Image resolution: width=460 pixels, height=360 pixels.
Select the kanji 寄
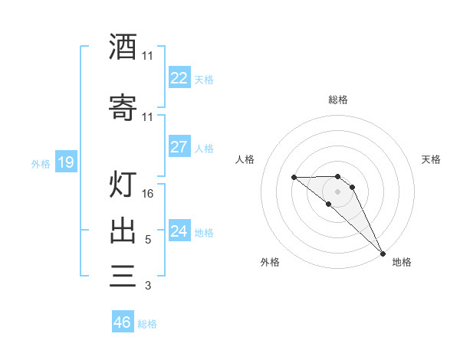(123, 108)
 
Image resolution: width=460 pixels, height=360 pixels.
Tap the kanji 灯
(123, 185)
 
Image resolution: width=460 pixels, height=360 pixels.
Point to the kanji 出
(123, 231)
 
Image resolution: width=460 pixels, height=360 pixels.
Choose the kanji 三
(123, 276)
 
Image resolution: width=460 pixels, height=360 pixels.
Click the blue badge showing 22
(179, 78)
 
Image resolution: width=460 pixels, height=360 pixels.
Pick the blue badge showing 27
(179, 147)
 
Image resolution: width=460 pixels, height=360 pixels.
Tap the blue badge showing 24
(179, 231)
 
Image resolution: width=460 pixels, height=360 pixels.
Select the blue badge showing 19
(66, 162)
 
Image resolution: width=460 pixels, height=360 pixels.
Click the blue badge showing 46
(123, 322)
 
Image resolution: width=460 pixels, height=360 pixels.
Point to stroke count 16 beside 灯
(148, 194)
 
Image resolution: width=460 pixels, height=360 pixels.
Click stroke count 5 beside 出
(148, 240)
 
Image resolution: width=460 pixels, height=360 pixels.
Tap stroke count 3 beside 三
(148, 286)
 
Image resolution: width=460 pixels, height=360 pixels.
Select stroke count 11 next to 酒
(148, 56)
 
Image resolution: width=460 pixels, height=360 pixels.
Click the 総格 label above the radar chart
(338, 100)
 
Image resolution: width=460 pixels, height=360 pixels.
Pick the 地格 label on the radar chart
(402, 262)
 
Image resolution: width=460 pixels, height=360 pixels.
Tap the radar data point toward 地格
(383, 254)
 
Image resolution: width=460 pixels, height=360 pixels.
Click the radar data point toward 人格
(294, 178)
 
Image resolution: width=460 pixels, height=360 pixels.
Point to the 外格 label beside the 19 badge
(41, 163)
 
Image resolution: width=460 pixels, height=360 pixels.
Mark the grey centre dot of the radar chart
(338, 191)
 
